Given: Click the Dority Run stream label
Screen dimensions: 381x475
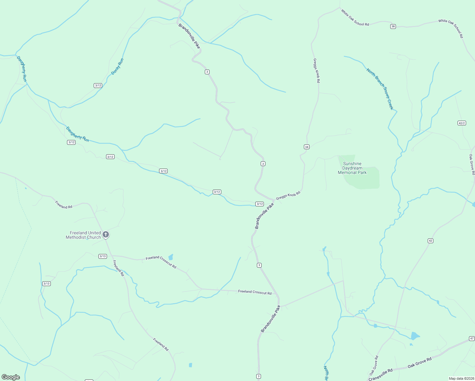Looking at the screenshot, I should pos(117,67).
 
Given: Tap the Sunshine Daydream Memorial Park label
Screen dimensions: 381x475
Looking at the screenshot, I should pos(352,168).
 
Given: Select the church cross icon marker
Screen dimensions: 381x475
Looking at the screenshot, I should pos(106,235).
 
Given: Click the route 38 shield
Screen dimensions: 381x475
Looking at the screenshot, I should pos(393,26).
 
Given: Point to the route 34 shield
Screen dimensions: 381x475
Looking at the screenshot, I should pos(306,147).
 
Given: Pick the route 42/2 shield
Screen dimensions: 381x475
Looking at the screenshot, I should pos(462,123).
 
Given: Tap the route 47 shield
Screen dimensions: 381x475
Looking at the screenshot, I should pos(472,338).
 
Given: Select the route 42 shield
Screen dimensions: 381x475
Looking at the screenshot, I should pos(430,241).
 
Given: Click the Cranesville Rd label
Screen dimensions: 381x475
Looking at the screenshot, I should pos(381,375).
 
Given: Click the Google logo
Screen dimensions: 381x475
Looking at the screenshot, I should pos(11,377).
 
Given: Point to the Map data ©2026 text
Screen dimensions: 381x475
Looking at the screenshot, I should pos(461,378).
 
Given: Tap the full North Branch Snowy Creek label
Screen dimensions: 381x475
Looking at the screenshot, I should pos(380,89).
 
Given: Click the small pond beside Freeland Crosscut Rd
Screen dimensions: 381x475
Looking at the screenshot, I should pos(171,257).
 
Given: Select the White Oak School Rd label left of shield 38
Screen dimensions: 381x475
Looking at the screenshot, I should pos(355,17).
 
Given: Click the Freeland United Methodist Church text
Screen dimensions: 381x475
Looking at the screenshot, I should pos(83,235).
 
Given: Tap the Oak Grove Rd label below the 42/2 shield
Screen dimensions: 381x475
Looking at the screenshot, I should pos(472,164).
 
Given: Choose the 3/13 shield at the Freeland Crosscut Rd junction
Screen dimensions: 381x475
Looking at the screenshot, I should pos(103,256).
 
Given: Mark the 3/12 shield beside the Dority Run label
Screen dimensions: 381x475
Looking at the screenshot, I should pos(98,85).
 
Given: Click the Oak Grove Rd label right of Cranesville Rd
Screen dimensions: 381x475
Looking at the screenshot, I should pos(419,362).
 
